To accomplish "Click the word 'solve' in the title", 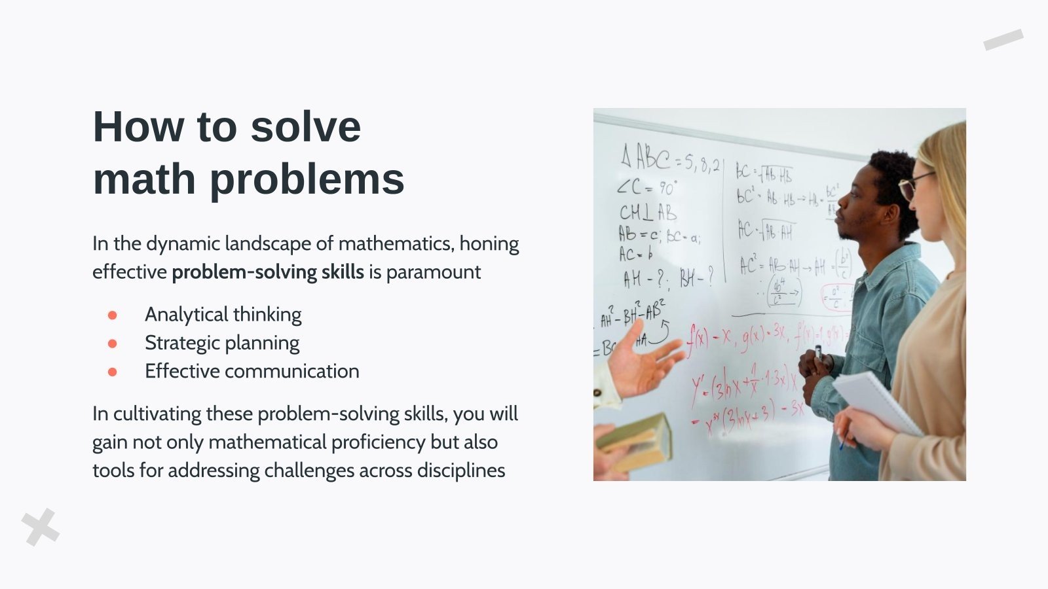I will pyautogui.click(x=305, y=127).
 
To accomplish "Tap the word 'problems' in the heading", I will pyautogui.click(x=307, y=179).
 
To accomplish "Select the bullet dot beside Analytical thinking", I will pyautogui.click(x=113, y=315).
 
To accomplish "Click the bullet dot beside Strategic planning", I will pyautogui.click(x=113, y=344).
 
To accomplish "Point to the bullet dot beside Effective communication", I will pyautogui.click(x=113, y=372).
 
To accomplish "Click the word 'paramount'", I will pyautogui.click(x=433, y=272).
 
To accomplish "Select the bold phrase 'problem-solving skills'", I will pyautogui.click(x=267, y=272).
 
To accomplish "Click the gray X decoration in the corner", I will pyautogui.click(x=41, y=527).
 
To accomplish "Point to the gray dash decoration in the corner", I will pyautogui.click(x=1003, y=39).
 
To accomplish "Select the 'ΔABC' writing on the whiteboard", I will pyautogui.click(x=645, y=157).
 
